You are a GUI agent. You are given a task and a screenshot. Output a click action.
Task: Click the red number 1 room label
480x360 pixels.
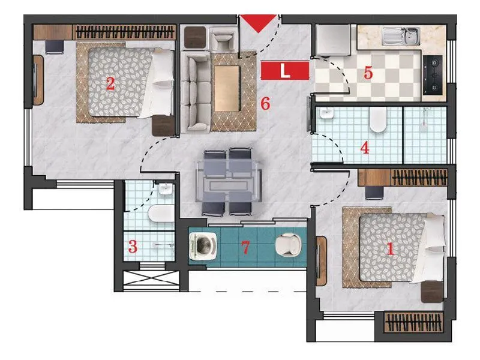coord(389,249)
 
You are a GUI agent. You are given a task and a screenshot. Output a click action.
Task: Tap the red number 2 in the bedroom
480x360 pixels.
coord(110,83)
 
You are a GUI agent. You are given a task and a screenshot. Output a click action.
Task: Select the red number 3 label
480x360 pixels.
coord(133,246)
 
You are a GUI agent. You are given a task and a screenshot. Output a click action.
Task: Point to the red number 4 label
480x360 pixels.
coord(364,148)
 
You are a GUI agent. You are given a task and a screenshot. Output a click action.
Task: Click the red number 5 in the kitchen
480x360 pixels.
coord(368,73)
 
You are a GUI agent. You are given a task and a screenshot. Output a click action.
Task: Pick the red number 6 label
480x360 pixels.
coord(265,103)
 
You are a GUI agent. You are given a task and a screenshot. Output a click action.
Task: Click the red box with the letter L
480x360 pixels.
coord(285,71)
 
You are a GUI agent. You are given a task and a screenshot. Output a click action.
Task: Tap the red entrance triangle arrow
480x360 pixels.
coord(259,23)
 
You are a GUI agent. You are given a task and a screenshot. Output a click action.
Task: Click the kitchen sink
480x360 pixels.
coord(403,37)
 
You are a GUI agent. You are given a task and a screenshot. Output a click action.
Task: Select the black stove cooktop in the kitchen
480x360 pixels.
coord(433,74)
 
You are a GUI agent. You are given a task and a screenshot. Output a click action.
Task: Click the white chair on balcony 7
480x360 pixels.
coord(288,245)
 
